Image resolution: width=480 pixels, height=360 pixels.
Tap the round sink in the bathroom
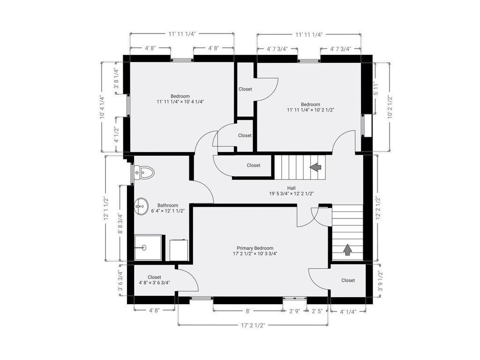pos(141,205)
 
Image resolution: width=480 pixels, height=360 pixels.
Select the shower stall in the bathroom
pos(148,247)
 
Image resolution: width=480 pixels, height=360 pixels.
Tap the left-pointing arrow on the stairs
pos(315,166)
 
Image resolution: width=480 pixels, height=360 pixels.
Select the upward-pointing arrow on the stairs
pos(347,250)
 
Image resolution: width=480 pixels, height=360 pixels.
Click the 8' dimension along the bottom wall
pos(247,311)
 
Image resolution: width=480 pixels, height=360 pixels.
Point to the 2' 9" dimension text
pos(294,311)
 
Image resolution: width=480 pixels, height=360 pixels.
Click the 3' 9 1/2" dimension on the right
pos(380,280)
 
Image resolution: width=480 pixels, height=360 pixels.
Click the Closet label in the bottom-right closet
pos(348,280)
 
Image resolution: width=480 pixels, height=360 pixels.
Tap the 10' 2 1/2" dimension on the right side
pos(390,107)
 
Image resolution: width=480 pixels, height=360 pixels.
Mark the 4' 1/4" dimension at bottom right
pos(347,311)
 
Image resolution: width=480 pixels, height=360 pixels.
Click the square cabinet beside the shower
pos(179,250)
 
